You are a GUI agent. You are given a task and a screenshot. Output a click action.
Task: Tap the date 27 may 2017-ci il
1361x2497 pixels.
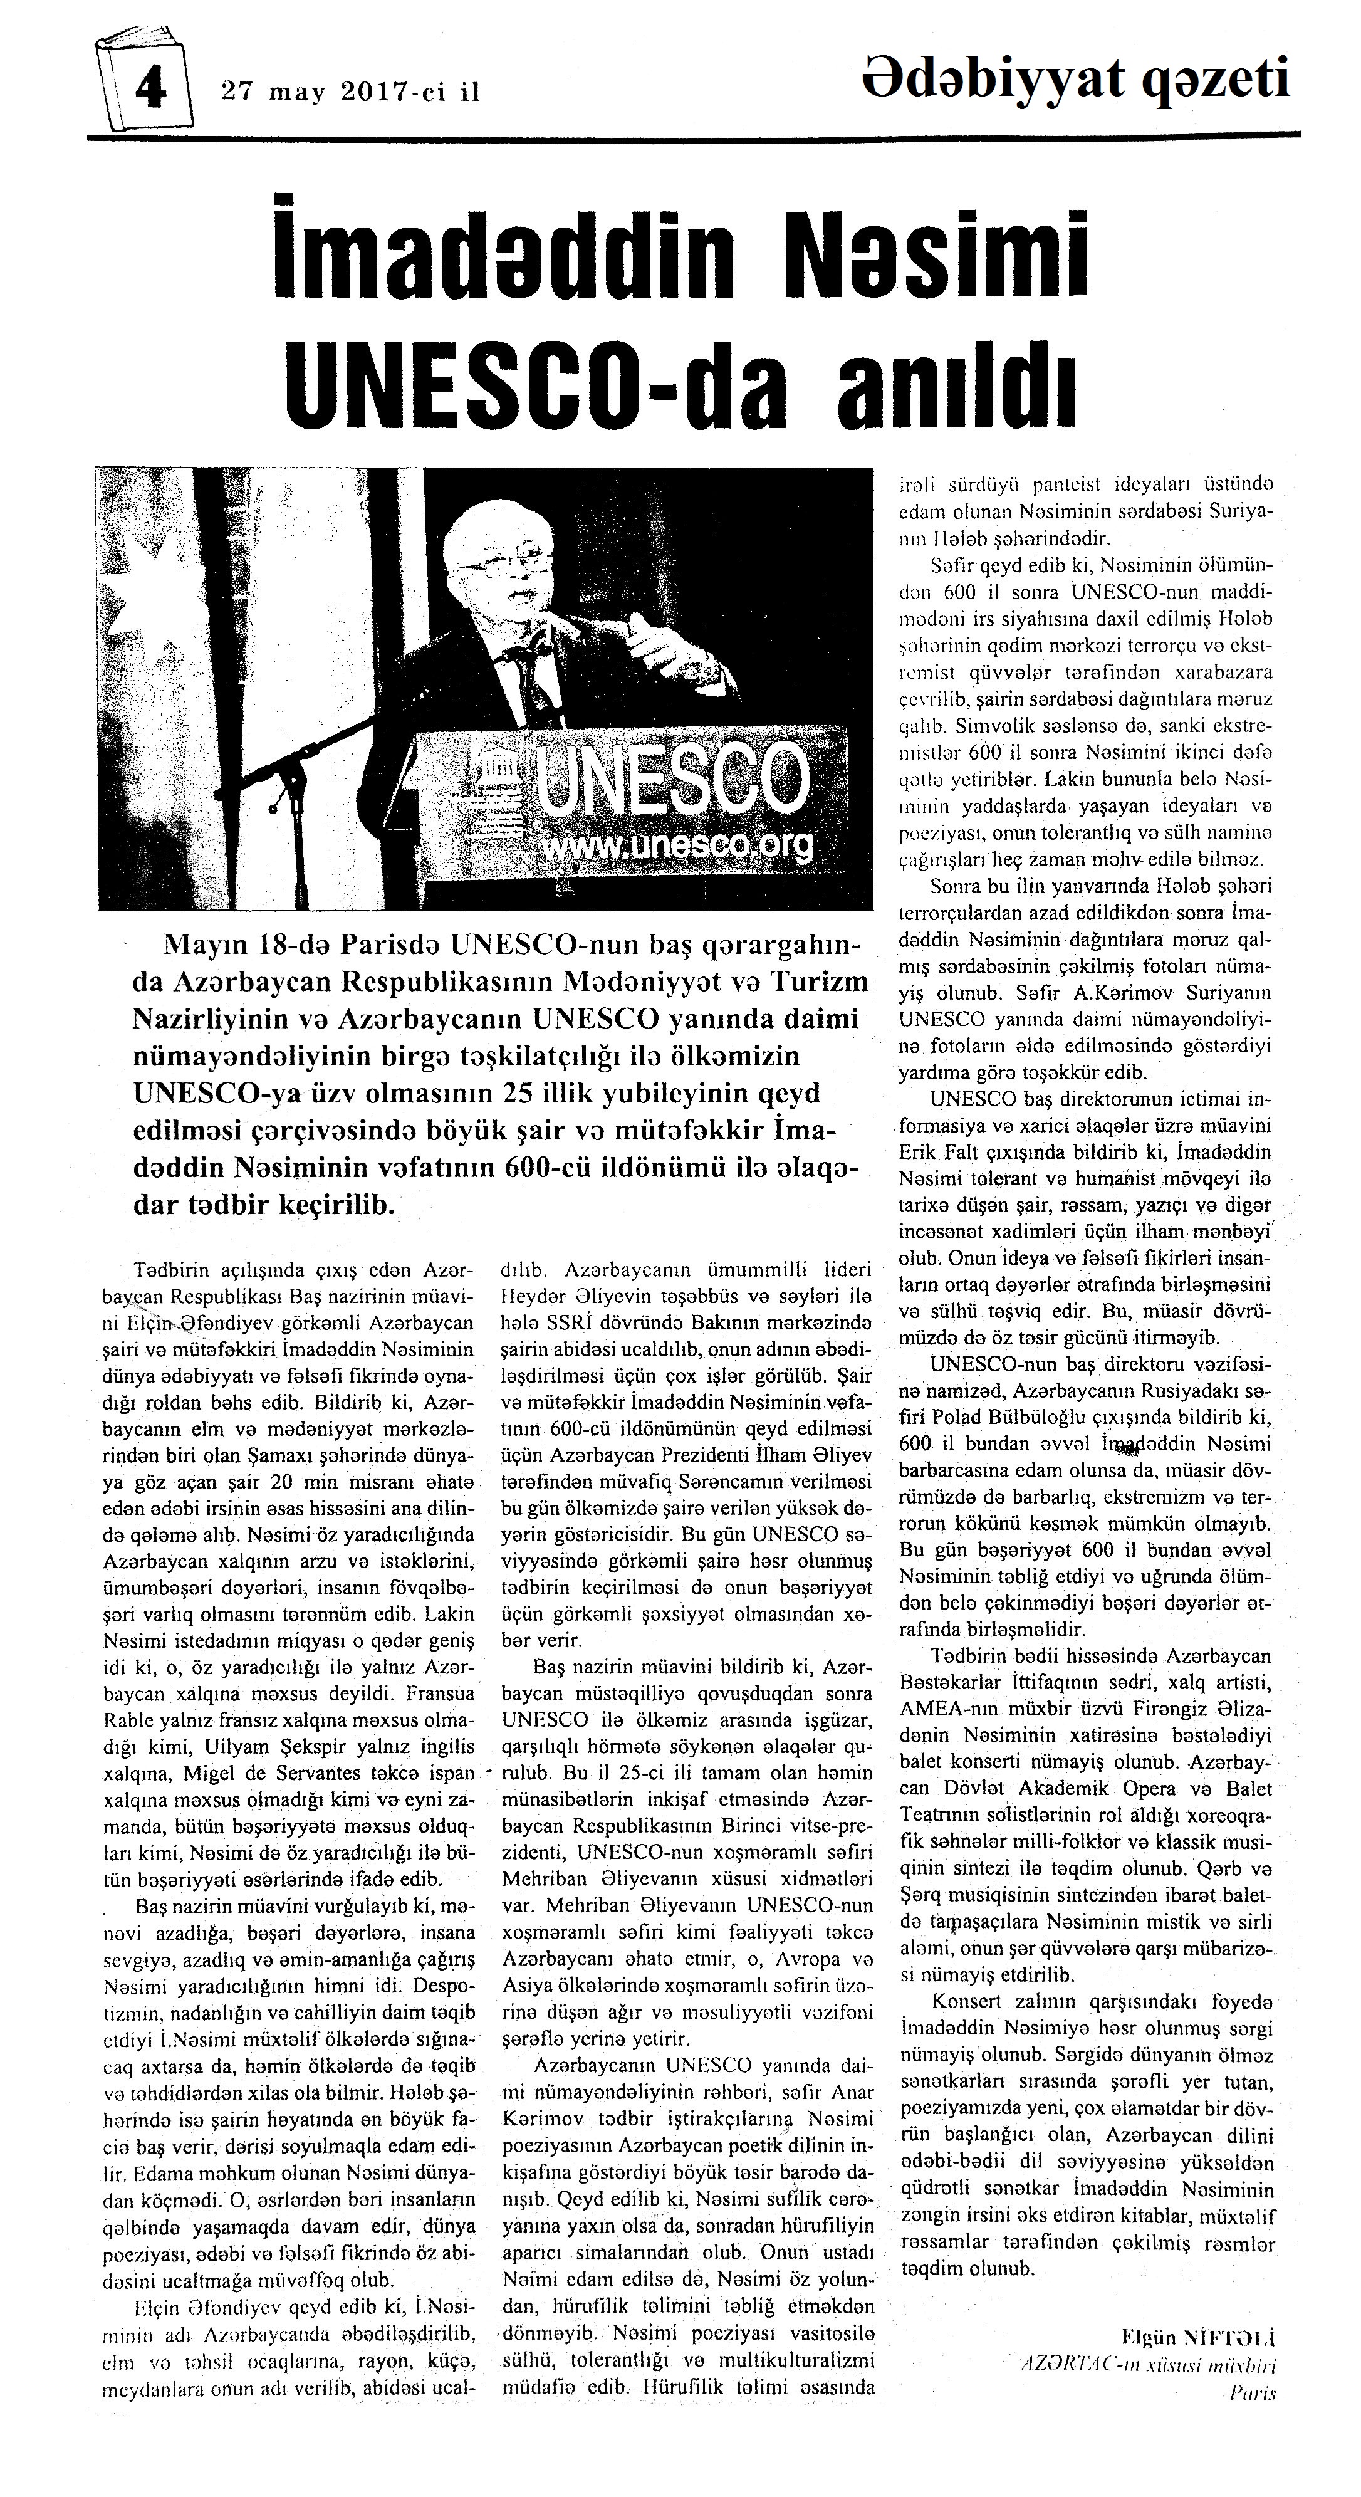(x=351, y=93)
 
